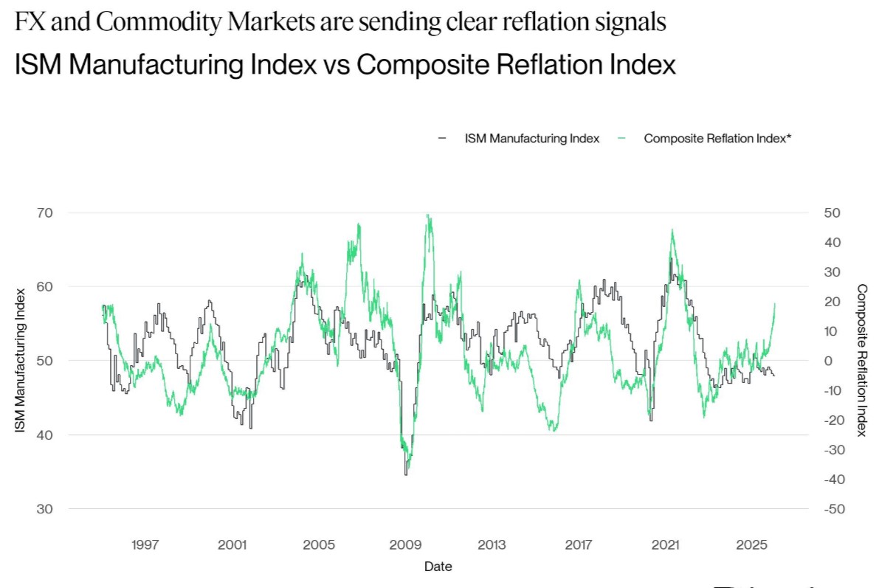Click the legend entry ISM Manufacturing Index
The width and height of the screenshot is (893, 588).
pyautogui.click(x=531, y=138)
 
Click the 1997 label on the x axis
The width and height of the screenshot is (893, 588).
pyautogui.click(x=145, y=545)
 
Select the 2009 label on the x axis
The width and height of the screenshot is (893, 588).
pyautogui.click(x=405, y=545)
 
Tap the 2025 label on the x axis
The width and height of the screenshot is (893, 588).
pyautogui.click(x=752, y=545)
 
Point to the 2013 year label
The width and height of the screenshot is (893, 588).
pyautogui.click(x=492, y=545)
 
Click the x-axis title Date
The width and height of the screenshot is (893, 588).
pyautogui.click(x=438, y=567)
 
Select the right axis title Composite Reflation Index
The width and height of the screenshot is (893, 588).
pyautogui.click(x=862, y=361)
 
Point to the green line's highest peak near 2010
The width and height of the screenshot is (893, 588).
pyautogui.click(x=428, y=215)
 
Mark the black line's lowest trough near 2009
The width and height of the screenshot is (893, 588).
pyautogui.click(x=406, y=474)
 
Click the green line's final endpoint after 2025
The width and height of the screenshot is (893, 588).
pyautogui.click(x=774, y=303)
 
